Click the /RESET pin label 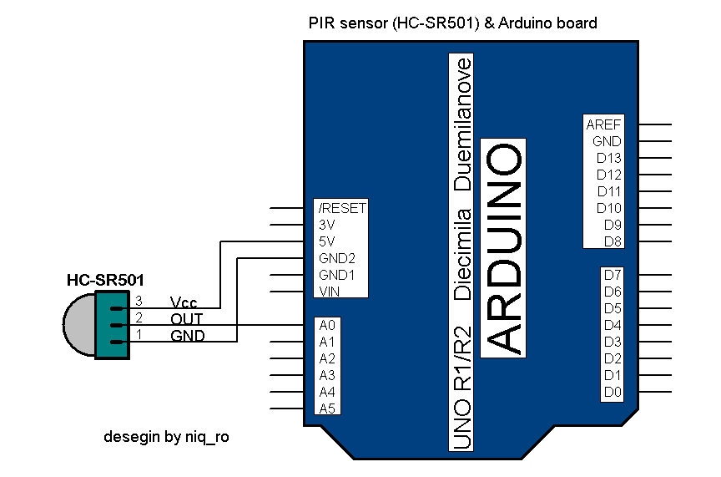click(342, 208)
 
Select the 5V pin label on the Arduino click(327, 241)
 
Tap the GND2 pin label click(337, 258)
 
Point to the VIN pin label click(329, 292)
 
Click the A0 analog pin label click(326, 325)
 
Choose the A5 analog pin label click(326, 408)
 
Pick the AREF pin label click(603, 124)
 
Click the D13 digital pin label click(608, 158)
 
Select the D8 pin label click(613, 241)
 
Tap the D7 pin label click(613, 275)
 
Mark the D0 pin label click(613, 392)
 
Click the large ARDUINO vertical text click(505, 248)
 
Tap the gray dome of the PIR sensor click(78, 325)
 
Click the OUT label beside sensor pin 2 click(186, 319)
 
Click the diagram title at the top click(452, 23)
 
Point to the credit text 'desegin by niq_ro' click(166, 437)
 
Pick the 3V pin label click(327, 225)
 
